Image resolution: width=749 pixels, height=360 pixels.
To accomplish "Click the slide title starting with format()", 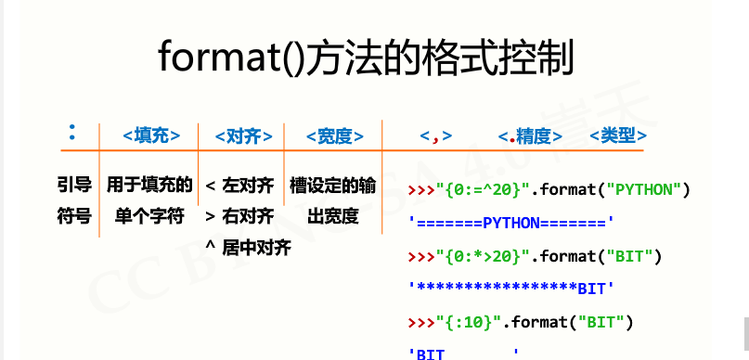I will tap(367, 58).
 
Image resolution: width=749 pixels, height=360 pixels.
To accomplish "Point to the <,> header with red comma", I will tap(435, 136).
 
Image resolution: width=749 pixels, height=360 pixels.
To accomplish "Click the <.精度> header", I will tap(530, 136).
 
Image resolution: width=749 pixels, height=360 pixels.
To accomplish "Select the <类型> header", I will tap(618, 136).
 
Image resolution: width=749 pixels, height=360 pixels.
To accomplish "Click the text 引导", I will tap(73, 186).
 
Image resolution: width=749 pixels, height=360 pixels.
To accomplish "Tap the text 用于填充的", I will tap(149, 186).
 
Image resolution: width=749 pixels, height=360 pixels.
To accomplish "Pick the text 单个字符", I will tap(149, 217).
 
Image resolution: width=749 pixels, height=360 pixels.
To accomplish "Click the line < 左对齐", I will tap(239, 186).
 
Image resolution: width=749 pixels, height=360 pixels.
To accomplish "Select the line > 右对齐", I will tap(239, 217).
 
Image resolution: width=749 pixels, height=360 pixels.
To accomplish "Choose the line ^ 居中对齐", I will tap(248, 248).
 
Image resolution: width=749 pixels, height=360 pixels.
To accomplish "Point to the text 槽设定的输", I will tap(333, 186).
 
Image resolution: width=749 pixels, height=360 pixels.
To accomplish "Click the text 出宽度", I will tap(333, 217).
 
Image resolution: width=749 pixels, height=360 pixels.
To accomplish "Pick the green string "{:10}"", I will tap(470, 322).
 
